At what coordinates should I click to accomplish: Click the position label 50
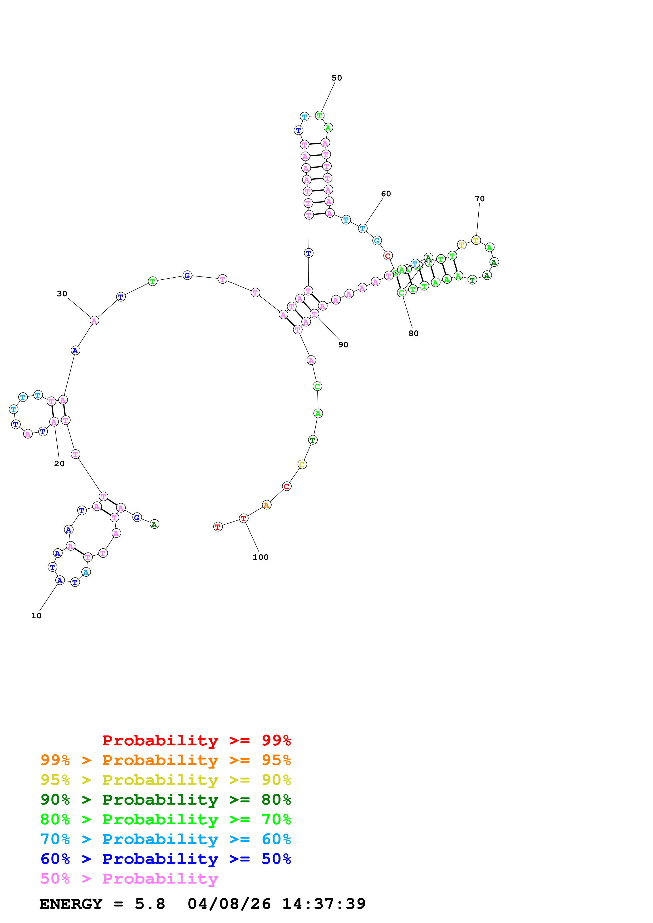(x=336, y=78)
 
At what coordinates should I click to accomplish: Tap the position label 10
(x=36, y=616)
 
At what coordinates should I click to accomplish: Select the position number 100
(x=260, y=558)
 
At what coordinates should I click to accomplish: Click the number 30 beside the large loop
(x=62, y=294)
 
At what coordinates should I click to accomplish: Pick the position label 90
(x=343, y=345)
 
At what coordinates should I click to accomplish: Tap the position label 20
(x=59, y=464)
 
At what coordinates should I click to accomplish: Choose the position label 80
(x=413, y=334)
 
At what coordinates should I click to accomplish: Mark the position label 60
(x=386, y=194)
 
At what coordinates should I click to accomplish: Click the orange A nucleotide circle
(x=266, y=505)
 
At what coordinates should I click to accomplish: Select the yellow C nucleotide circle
(x=302, y=465)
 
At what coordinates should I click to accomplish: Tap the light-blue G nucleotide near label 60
(x=377, y=241)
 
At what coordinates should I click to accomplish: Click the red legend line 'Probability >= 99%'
(x=196, y=740)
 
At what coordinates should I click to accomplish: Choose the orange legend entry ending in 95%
(x=165, y=760)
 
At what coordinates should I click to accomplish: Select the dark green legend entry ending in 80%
(x=165, y=800)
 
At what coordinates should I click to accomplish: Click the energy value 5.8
(x=150, y=904)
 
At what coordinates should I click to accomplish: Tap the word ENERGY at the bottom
(x=71, y=904)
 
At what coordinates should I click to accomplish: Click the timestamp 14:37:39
(x=324, y=904)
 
